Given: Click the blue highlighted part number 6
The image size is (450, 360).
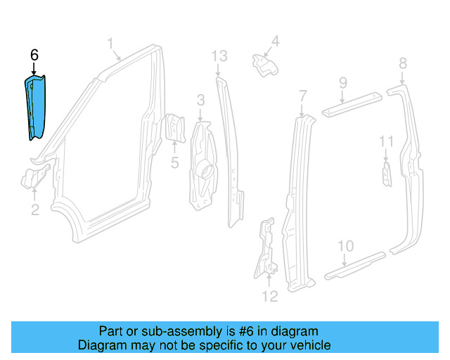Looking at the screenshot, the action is point(35,108).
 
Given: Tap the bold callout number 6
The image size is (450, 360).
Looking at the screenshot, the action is point(34,55).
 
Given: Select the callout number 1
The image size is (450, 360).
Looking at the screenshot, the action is point(110,44).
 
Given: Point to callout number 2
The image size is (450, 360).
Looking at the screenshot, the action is point(35,210).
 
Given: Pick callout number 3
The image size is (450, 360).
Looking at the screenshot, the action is point(201,100).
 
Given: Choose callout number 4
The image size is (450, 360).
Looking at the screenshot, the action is point(275,41).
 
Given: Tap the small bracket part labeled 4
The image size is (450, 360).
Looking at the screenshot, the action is point(266,65).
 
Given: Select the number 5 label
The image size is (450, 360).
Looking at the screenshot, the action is point(175,162).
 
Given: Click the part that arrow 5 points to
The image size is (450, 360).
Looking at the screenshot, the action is point(174,128).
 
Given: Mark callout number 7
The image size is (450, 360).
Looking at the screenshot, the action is point(303,96).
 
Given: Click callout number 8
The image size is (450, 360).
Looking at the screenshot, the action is point(403,63).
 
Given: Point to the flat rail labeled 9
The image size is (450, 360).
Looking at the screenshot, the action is point(352,105).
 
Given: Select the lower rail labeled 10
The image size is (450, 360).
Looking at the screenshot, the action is point(354,266).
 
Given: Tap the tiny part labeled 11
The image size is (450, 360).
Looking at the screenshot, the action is point(387,174).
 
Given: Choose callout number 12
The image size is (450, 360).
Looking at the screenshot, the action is point(270,296).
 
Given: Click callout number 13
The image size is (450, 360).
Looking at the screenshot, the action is point(219,56).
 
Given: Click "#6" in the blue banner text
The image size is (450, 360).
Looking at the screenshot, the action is point(246,331).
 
